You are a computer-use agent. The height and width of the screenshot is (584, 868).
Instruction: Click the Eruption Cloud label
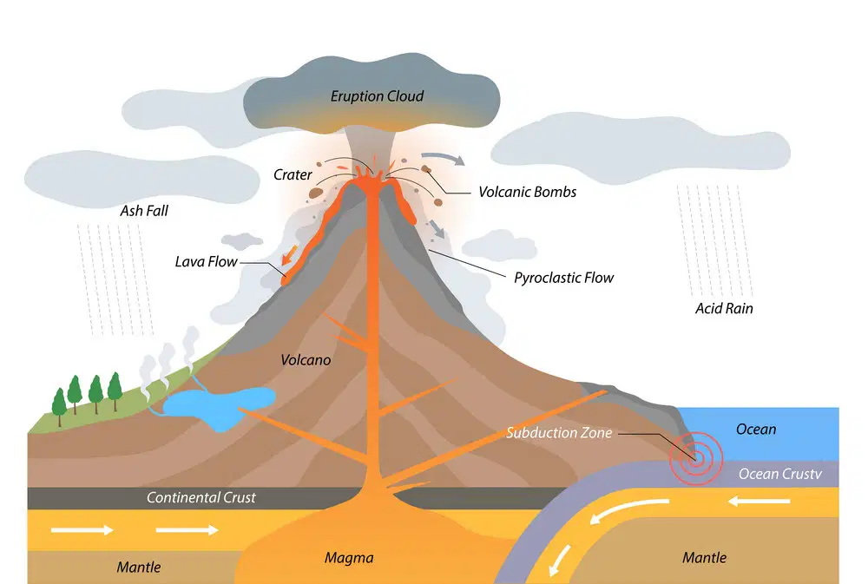[377, 96]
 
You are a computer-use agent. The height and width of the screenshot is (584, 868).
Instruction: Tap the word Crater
[293, 175]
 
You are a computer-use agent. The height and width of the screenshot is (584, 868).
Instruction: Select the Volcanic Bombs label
[528, 192]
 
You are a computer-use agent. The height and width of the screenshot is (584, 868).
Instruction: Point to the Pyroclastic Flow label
[564, 278]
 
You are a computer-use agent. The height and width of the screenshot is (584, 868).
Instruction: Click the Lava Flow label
[206, 262]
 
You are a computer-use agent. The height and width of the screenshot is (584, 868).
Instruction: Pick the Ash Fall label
[144, 211]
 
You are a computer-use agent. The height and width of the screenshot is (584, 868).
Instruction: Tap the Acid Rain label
[724, 308]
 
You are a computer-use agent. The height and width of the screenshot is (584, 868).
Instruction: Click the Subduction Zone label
[559, 433]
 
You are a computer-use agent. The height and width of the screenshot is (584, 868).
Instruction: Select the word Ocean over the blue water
[756, 429]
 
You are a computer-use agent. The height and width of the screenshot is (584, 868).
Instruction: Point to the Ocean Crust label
[780, 474]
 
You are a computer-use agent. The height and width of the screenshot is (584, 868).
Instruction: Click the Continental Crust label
[201, 497]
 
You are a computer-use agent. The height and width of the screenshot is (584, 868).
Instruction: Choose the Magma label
[349, 557]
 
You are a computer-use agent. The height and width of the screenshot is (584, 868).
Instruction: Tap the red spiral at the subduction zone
[696, 457]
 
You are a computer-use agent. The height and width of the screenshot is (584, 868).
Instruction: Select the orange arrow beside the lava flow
[289, 255]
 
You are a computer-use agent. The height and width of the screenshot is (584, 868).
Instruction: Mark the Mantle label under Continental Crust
[138, 567]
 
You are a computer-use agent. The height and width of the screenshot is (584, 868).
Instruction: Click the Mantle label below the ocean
[704, 557]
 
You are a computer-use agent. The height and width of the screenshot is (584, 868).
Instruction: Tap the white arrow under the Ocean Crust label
[759, 502]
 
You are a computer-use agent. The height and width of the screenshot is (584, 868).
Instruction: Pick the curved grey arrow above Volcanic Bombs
[443, 157]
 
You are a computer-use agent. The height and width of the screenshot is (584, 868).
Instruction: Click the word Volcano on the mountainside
[306, 360]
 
